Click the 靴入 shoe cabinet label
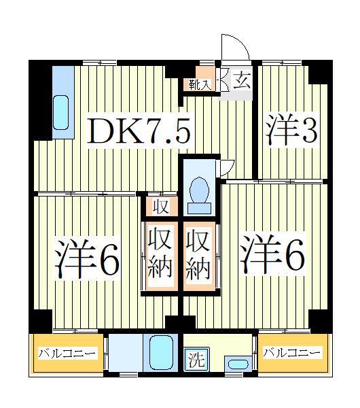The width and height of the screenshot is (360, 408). click(x=200, y=84)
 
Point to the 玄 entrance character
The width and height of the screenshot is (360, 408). click(x=241, y=82)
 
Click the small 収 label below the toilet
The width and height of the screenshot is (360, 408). click(x=160, y=205)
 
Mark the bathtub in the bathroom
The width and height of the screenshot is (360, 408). click(x=162, y=352)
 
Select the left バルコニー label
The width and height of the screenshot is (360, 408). click(x=67, y=353)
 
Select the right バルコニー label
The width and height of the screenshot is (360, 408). click(x=291, y=353)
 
